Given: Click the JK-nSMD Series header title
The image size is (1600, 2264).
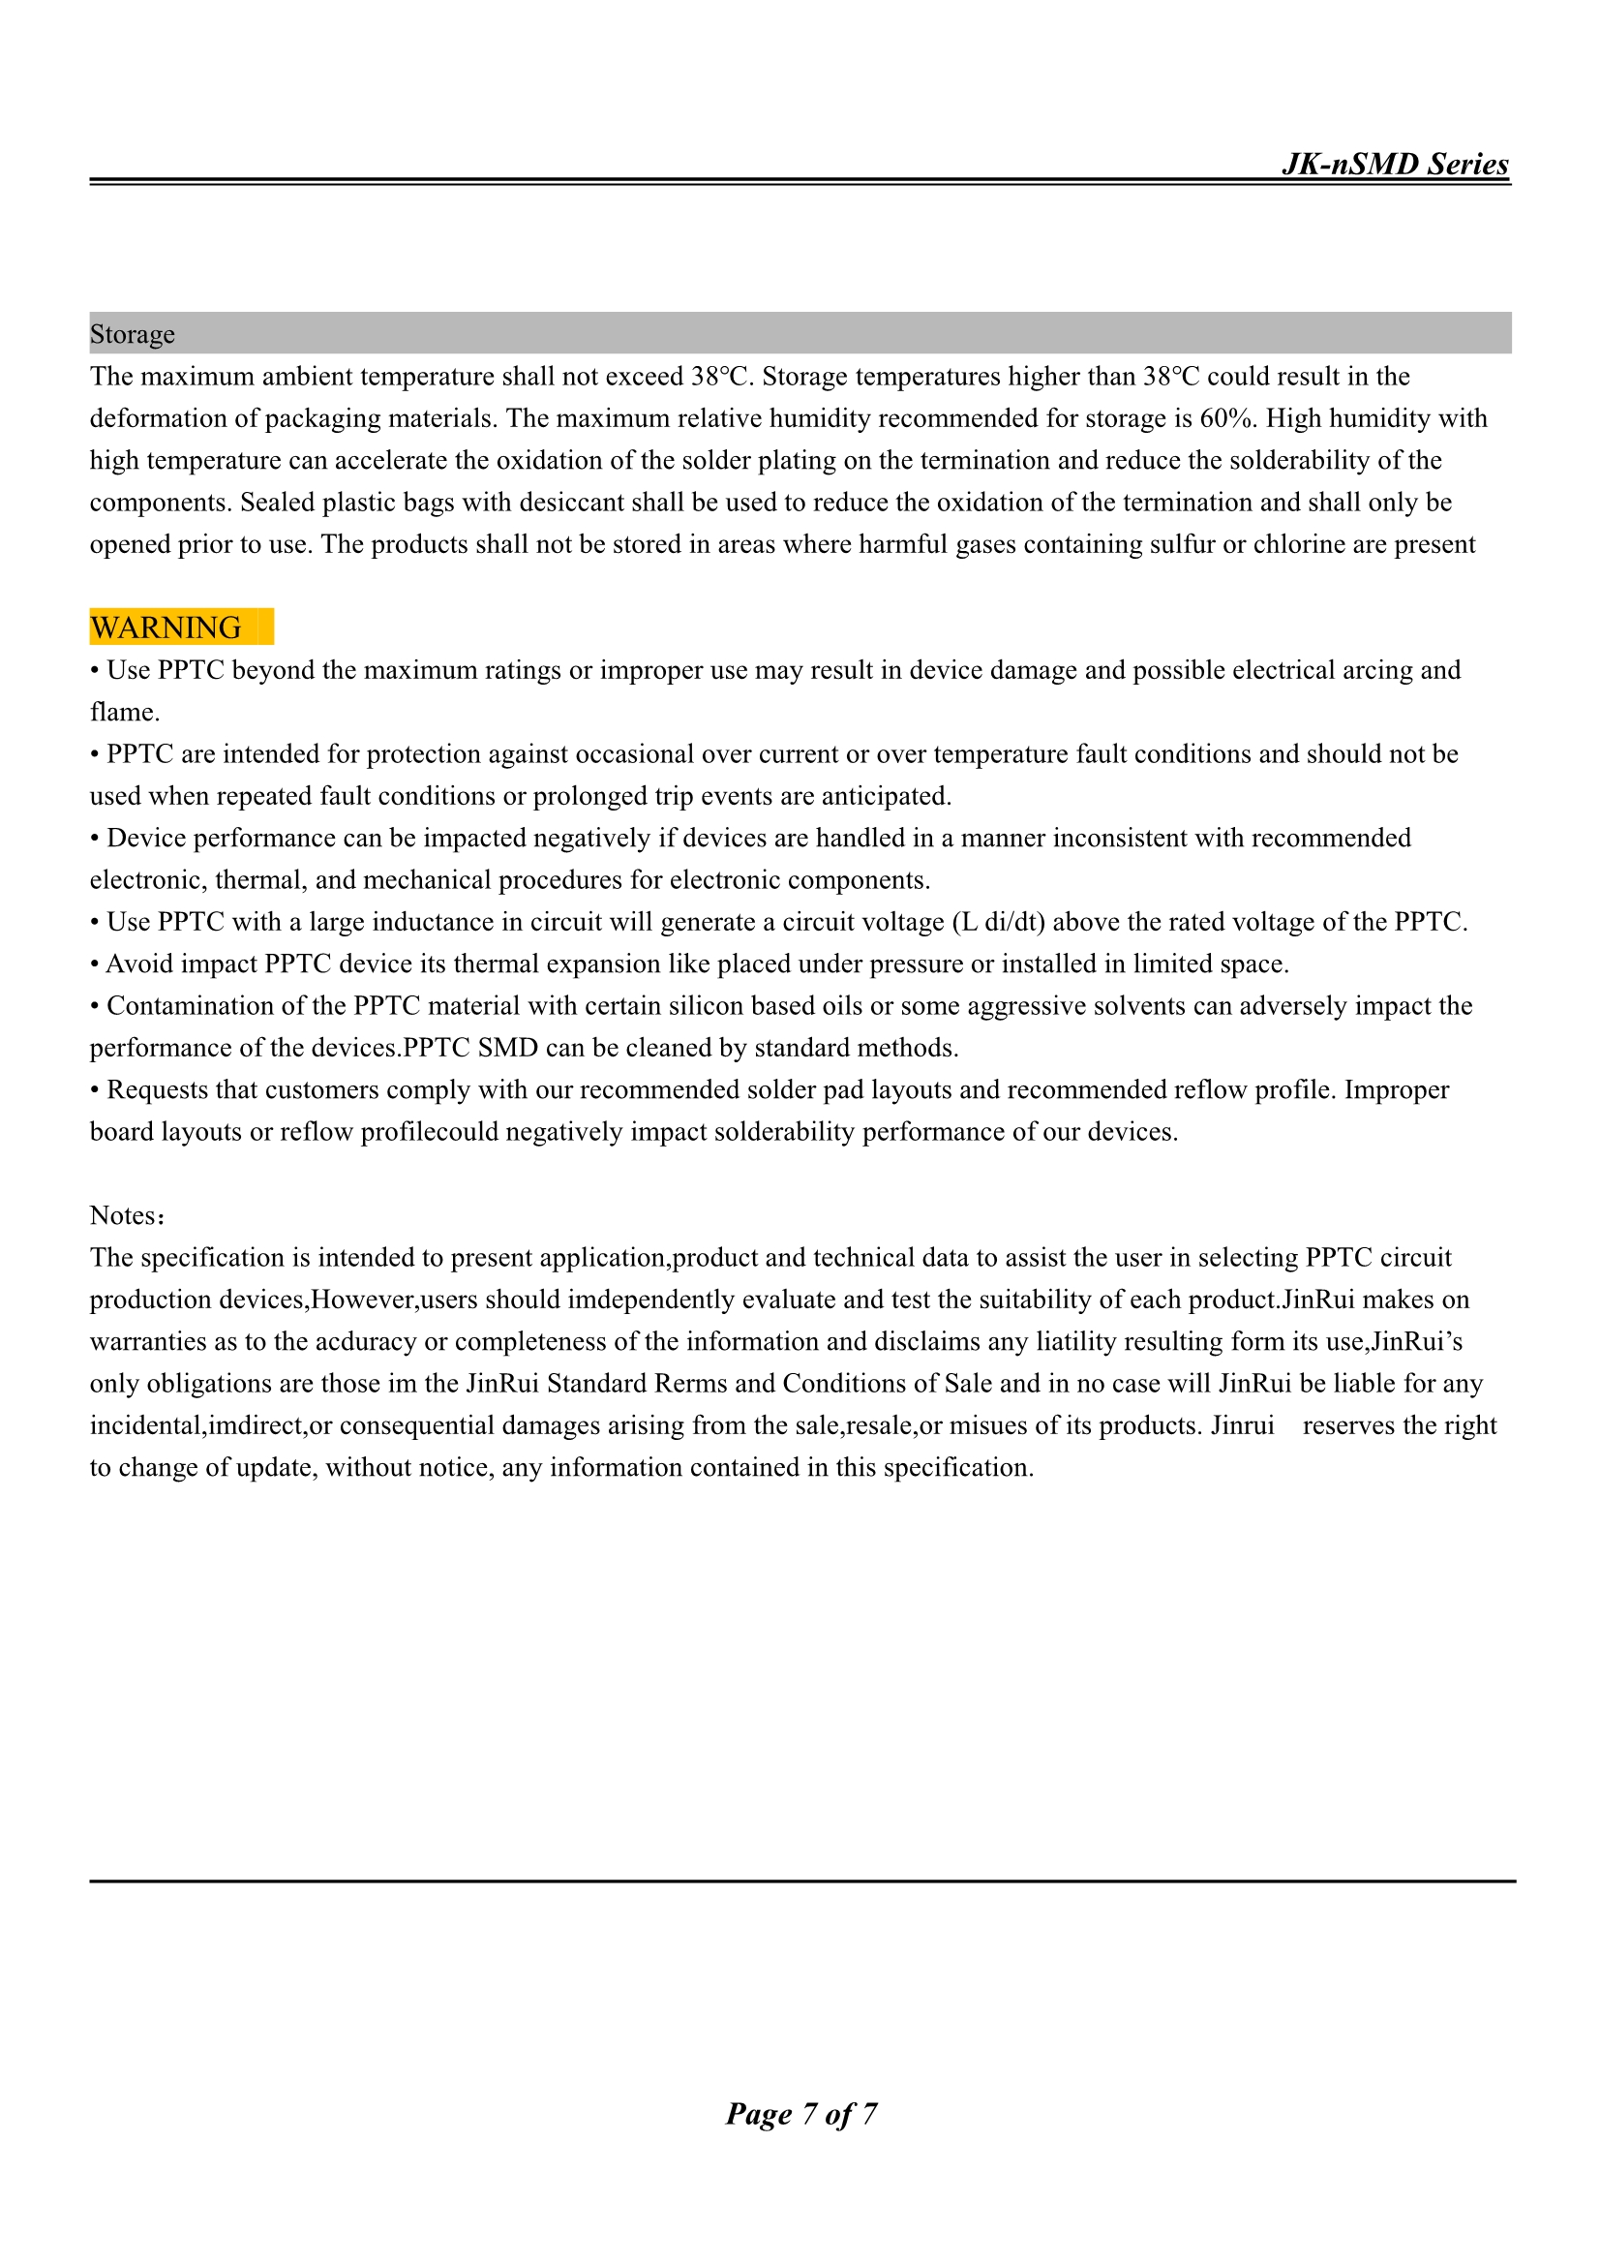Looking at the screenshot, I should [x=1394, y=164].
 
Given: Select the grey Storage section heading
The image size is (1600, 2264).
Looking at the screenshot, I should [x=132, y=334].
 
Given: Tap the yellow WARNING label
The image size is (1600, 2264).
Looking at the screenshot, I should [x=166, y=627].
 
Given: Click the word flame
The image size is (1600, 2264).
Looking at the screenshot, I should [x=122, y=712].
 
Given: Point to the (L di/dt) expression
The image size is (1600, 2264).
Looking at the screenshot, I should [x=998, y=922].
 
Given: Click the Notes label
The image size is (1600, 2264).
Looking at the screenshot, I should [x=124, y=1216].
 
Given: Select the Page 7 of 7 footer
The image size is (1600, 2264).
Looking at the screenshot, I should [x=800, y=2113].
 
